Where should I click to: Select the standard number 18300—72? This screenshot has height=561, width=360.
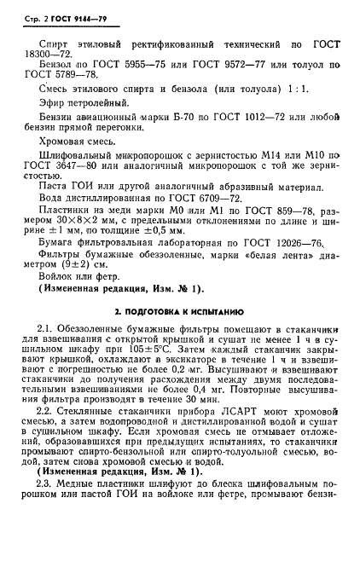(x=55, y=51)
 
